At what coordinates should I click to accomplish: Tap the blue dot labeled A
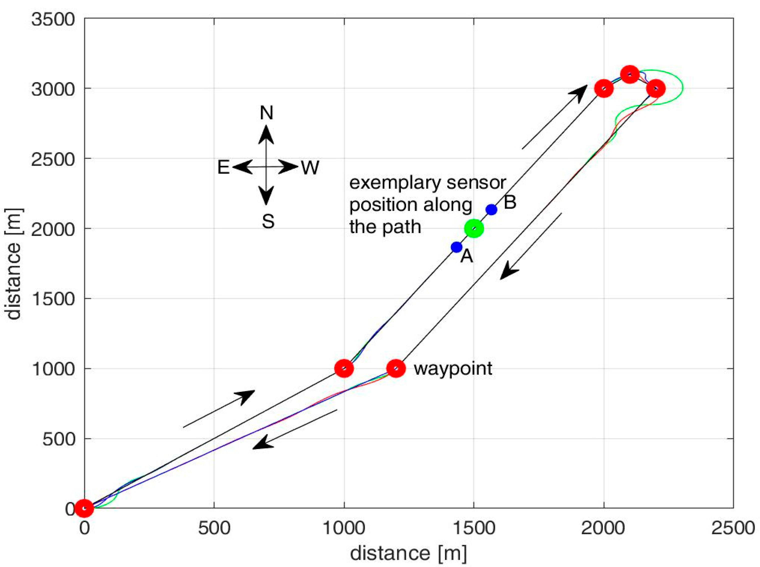pyautogui.click(x=456, y=247)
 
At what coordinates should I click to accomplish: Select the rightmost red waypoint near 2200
pyautogui.click(x=656, y=88)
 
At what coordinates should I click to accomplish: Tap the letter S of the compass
pyautogui.click(x=268, y=222)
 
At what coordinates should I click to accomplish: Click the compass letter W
pyautogui.click(x=310, y=168)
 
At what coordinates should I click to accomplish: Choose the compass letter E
pyautogui.click(x=223, y=168)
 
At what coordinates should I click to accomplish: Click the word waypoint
pyautogui.click(x=453, y=369)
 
